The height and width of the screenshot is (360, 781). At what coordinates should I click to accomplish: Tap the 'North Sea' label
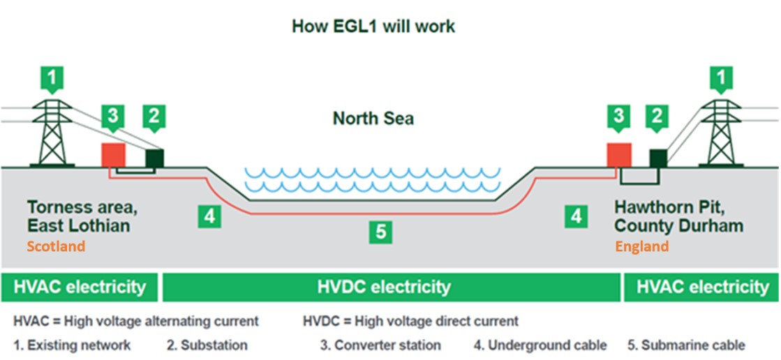coord(373,119)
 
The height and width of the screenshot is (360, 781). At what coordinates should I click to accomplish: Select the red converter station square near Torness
coord(113,155)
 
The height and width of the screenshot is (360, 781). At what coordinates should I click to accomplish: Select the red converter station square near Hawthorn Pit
coord(618,155)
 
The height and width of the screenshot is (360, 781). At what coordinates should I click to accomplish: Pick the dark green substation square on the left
coord(154,158)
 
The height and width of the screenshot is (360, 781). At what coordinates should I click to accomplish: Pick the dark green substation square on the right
coord(657,158)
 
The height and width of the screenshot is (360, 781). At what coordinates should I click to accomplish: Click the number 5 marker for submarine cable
coord(380,232)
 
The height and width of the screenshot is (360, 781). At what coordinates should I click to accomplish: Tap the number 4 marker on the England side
coord(576,216)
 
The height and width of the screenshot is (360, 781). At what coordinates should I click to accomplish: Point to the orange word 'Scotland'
coord(56,246)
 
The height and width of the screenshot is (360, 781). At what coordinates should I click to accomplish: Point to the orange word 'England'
coord(641,246)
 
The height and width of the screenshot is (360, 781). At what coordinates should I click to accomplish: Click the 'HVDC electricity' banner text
coord(384,287)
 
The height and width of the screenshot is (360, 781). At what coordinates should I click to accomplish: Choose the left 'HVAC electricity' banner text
coord(80,287)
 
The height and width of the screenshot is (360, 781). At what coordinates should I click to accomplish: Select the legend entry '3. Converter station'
coord(380,345)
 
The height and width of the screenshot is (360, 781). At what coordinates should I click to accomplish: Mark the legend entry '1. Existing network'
coord(72,345)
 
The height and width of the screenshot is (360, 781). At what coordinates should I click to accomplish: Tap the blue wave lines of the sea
coord(372,180)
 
